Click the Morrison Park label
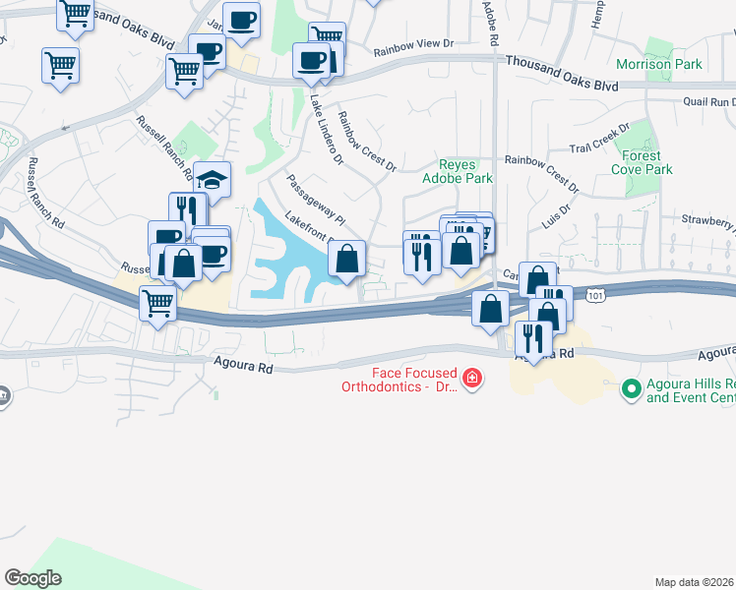(658, 64)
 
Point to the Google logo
(33, 578)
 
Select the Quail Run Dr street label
(709, 101)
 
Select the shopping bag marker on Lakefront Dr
(347, 261)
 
